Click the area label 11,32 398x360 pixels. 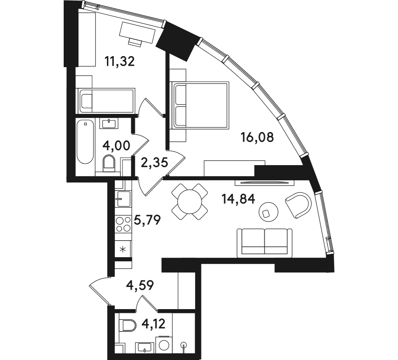[x=119, y=61]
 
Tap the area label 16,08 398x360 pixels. [x=257, y=137]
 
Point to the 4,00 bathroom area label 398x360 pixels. [x=116, y=146]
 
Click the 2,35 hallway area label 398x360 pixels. [x=155, y=162]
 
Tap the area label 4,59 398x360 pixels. [x=140, y=285]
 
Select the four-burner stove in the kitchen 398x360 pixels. [x=123, y=224]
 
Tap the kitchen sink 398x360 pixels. [x=123, y=199]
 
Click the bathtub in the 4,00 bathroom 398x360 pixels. [x=85, y=142]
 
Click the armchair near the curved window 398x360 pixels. [x=299, y=205]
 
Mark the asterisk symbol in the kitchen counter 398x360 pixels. [x=123, y=249]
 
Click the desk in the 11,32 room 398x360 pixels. [x=137, y=33]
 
